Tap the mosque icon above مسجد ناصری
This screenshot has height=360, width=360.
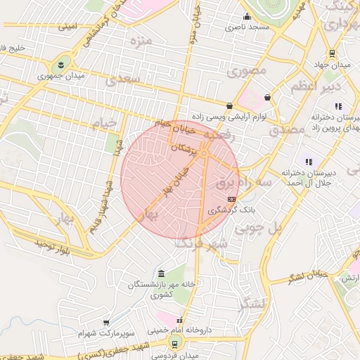click(x=246, y=18)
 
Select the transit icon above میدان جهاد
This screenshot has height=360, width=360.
click(x=332, y=53)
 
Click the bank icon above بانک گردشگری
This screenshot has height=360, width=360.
click(x=232, y=200)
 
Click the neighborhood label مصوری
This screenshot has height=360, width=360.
click(x=252, y=70)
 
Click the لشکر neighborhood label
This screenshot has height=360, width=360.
click(x=253, y=304)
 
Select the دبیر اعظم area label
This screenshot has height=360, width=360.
click(x=316, y=86)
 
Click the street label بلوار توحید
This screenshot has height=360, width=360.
click(x=53, y=246)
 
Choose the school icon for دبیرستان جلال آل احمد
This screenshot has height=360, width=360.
click(x=307, y=162)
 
